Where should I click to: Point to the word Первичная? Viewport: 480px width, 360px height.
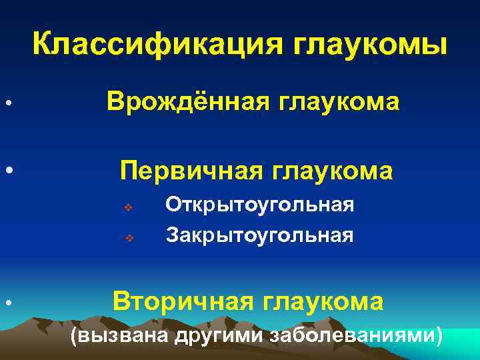click(192, 171)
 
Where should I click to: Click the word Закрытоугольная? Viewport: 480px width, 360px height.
click(259, 235)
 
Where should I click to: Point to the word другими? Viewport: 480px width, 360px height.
click(218, 335)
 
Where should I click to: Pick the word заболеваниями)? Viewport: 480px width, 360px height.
click(355, 335)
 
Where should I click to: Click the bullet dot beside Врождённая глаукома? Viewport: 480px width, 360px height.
click(5, 104)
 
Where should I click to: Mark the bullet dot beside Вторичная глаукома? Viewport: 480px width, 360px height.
click(5, 304)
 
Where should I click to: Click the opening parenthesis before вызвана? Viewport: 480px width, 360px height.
click(74, 335)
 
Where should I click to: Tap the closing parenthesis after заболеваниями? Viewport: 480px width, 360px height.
click(438, 335)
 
